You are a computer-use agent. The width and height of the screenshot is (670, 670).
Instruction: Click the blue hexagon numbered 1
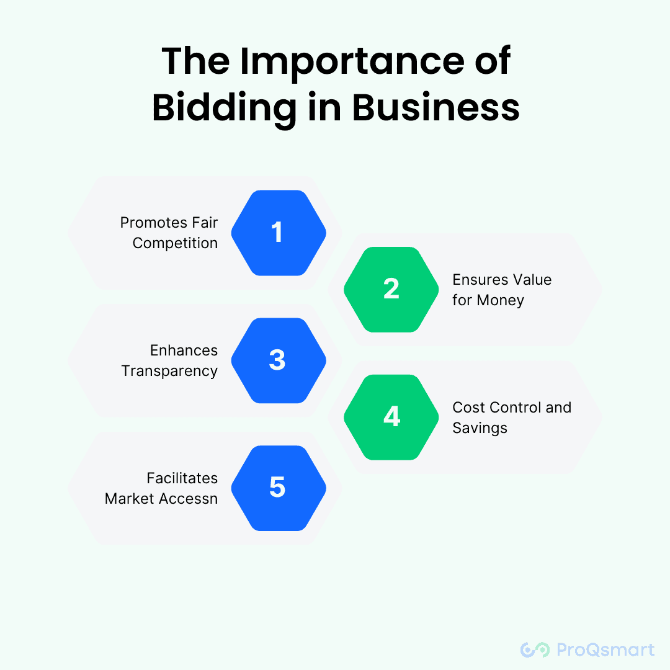click(x=279, y=233)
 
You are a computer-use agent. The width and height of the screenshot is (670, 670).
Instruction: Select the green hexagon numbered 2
click(x=391, y=290)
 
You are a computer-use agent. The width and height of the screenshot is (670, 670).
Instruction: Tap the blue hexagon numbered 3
click(x=279, y=360)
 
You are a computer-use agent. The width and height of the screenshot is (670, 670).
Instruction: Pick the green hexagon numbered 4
click(x=391, y=417)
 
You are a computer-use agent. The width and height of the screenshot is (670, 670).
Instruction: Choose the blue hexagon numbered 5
click(x=279, y=488)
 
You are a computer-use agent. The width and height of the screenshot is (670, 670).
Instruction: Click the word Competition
click(x=175, y=243)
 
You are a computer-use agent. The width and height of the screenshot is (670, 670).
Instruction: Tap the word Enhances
click(x=184, y=351)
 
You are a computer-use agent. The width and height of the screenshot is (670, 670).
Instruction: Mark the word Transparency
click(x=169, y=371)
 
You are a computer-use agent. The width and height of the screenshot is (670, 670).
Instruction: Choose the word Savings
click(x=480, y=428)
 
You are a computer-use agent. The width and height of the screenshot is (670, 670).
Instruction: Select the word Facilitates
click(x=182, y=478)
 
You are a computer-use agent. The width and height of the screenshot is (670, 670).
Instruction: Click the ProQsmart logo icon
click(x=535, y=650)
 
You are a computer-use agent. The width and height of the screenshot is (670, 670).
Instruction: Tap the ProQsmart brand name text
click(x=605, y=650)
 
